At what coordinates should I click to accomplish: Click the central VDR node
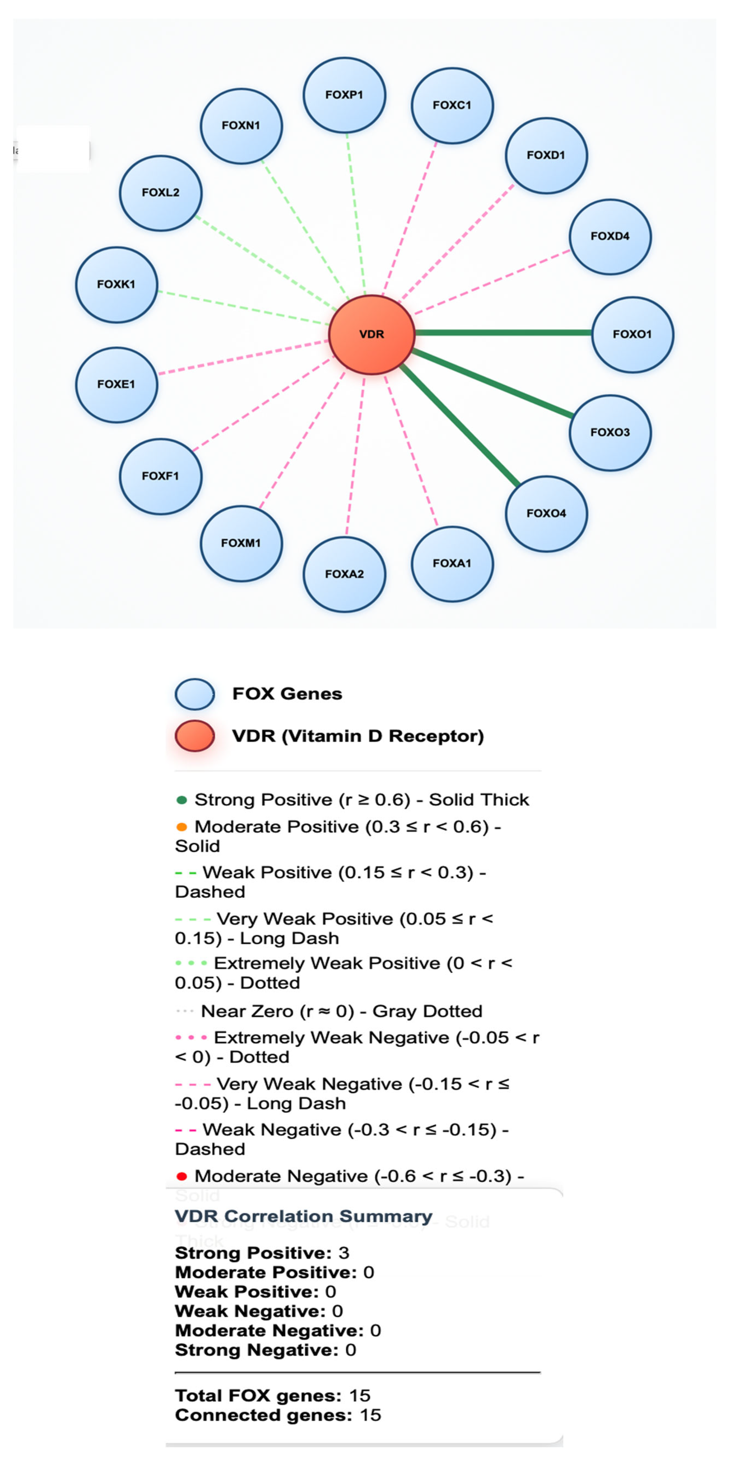[x=372, y=335]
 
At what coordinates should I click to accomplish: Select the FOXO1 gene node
[x=632, y=335]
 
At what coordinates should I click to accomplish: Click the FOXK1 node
[x=116, y=284]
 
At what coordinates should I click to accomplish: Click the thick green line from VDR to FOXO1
[x=502, y=333]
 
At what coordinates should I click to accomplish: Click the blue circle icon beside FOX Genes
[x=194, y=694]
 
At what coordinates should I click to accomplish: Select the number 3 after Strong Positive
[x=344, y=1253]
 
